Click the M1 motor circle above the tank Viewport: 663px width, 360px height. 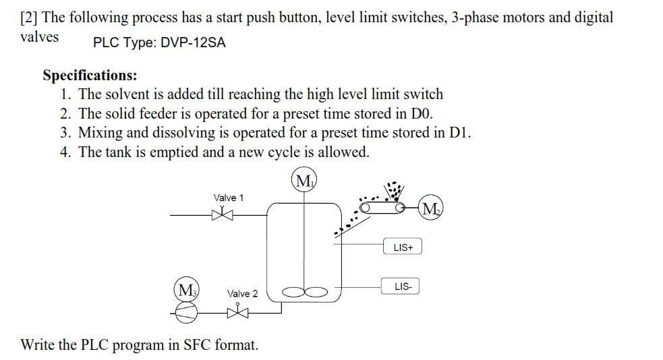(305, 181)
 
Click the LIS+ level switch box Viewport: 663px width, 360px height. (403, 247)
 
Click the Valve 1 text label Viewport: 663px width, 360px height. (229, 198)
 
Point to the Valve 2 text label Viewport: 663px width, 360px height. (242, 293)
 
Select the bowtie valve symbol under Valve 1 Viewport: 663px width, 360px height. (221, 215)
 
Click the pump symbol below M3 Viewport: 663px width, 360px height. (187, 311)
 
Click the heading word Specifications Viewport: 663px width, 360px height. (90, 75)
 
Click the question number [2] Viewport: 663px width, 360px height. (29, 18)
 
